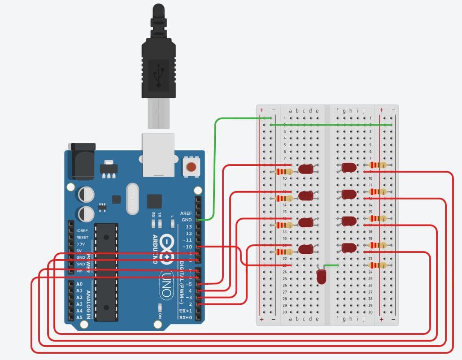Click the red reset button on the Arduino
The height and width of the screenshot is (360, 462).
[191, 168]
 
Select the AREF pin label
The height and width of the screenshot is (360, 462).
[186, 213]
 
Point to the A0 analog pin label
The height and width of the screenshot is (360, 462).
[79, 284]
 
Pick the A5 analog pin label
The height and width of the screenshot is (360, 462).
[79, 317]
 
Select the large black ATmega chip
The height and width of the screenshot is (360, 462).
[107, 272]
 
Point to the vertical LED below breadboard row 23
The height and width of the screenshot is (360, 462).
[322, 276]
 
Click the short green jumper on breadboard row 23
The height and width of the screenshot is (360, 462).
[331, 265]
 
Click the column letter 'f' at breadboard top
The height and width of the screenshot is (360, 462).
[337, 111]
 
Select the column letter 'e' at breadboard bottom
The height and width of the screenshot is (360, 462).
[317, 319]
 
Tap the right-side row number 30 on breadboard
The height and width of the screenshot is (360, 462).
[370, 312]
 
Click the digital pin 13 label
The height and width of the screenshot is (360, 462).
[189, 227]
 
